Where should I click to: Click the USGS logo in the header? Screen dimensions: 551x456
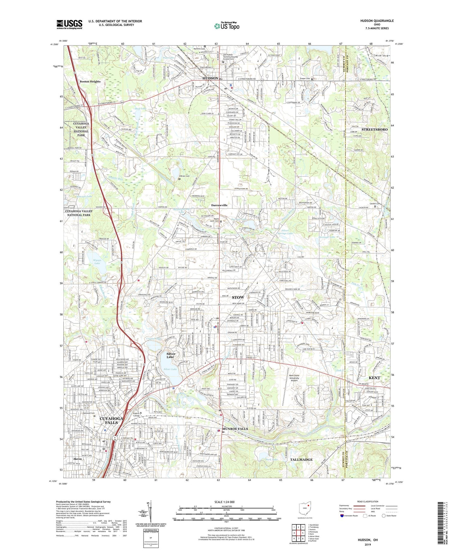pos(69,24)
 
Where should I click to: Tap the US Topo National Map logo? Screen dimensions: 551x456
pos(227,26)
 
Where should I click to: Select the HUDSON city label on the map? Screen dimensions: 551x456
pos(210,78)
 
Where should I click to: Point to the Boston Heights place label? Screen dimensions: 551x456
pos(90,81)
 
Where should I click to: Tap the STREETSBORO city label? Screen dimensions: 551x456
pos(374,130)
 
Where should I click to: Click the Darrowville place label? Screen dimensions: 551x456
pos(219,205)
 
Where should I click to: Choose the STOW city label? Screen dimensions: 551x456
pos(238,298)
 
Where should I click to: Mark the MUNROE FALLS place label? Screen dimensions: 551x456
pos(235,429)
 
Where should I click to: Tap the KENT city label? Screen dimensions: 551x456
pos(374,378)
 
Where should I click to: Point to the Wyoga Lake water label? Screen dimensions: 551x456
pos(97,262)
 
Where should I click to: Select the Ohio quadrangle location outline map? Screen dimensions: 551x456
pos(305,509)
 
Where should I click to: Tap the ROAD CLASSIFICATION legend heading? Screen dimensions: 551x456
pos(366,501)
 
